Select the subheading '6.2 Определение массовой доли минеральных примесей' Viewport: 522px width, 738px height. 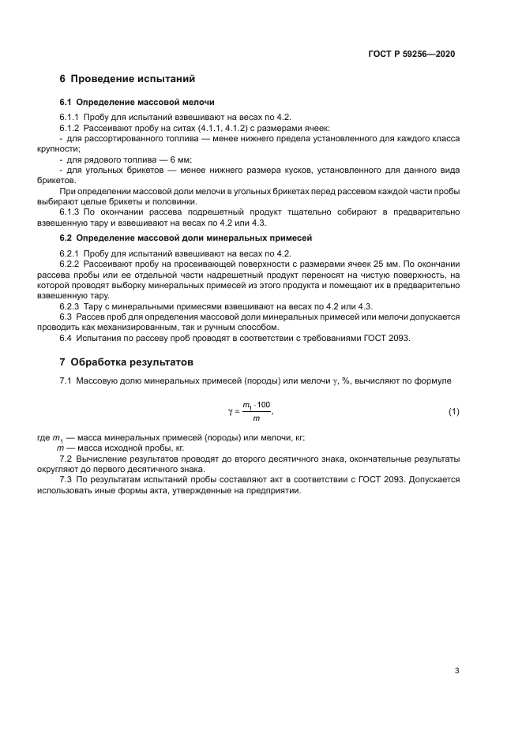[186, 237]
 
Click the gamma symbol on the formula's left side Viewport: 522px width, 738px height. [230, 411]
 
